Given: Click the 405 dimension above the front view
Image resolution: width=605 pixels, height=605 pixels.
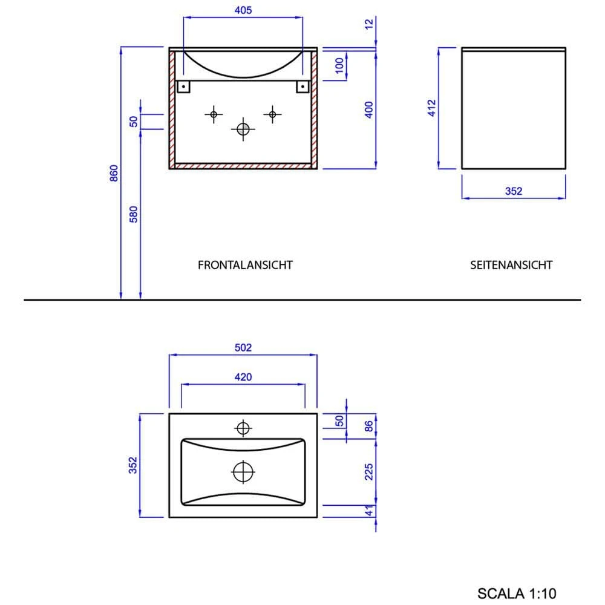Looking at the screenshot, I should point(242,10).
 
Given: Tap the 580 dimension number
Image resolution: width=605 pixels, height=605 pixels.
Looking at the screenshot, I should point(134,214).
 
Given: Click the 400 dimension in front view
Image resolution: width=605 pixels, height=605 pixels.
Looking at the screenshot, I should point(369,109).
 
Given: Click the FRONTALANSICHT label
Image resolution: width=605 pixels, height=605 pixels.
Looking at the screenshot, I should point(245,265).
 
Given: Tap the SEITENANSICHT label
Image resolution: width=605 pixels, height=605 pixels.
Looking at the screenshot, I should point(511,265).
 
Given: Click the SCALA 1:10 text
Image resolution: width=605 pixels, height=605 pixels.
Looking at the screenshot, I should point(516,594).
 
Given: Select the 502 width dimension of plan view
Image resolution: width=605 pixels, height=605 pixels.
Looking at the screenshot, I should point(242,347).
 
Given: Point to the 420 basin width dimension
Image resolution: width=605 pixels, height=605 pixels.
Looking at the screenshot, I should point(243,377).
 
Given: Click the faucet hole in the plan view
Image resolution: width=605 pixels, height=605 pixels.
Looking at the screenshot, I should point(243,428).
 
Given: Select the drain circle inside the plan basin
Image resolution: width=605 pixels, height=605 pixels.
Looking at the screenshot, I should point(243,471).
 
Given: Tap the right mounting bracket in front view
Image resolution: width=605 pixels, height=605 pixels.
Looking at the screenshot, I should point(301,87).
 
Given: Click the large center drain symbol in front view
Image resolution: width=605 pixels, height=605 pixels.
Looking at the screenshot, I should point(243,129).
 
